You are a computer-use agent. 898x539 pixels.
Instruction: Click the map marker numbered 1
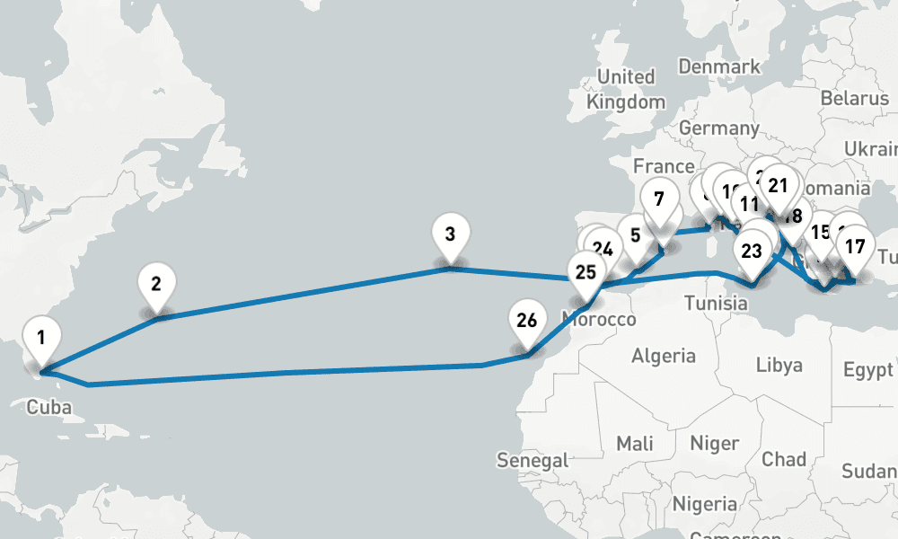click(x=40, y=340)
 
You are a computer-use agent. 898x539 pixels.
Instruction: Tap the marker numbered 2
click(x=156, y=286)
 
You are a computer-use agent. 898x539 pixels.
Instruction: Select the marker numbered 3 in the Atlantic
click(x=450, y=236)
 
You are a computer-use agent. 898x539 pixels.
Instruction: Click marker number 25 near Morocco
click(x=585, y=271)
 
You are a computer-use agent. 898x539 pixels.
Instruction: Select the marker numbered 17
click(x=856, y=247)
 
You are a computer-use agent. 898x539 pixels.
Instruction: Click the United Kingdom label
click(x=626, y=89)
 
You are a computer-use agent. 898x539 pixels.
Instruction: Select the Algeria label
click(x=664, y=357)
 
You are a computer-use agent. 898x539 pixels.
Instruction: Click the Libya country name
click(x=779, y=366)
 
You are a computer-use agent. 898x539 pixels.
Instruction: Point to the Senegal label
click(x=533, y=461)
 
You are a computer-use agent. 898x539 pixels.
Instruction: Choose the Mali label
click(x=635, y=443)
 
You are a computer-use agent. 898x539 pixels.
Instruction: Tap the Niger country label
click(x=714, y=443)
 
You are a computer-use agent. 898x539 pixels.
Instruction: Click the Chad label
click(x=783, y=459)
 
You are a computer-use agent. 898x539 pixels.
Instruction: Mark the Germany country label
click(x=718, y=128)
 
